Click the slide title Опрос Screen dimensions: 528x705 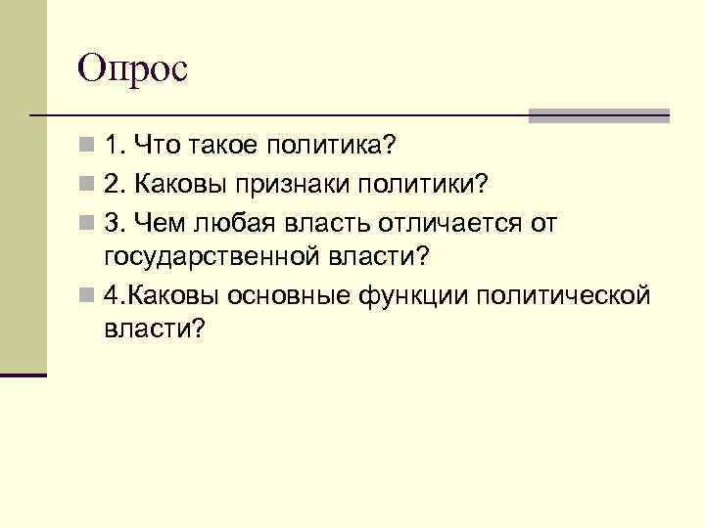(132, 69)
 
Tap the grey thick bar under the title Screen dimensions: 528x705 (599, 114)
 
